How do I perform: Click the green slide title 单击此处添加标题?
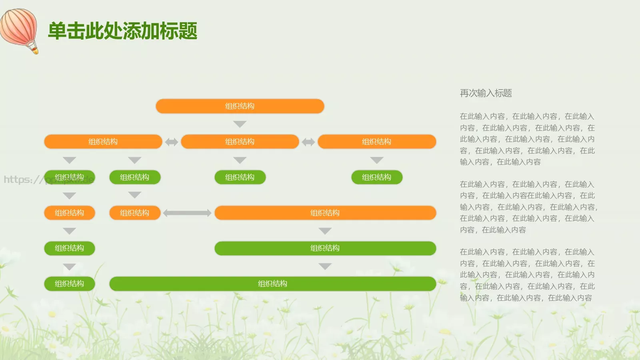(x=122, y=31)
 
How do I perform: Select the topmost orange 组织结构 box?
(x=240, y=106)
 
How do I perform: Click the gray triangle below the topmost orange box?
(x=240, y=124)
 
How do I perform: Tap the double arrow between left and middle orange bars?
(x=172, y=142)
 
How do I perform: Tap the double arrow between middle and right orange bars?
(x=308, y=142)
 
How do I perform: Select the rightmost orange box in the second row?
(x=376, y=142)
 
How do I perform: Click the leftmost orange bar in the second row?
(x=103, y=142)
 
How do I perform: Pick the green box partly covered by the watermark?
(x=69, y=177)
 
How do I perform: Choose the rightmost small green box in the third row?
(x=376, y=177)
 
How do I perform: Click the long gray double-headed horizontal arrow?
(x=187, y=213)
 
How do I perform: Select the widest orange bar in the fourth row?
(x=325, y=213)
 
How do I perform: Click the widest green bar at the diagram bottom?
(x=272, y=284)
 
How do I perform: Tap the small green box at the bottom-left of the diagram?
(x=69, y=284)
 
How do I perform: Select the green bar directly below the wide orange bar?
(x=325, y=248)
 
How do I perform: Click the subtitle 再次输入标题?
(x=486, y=93)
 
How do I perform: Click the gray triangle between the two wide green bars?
(x=325, y=266)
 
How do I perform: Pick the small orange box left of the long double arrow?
(x=134, y=213)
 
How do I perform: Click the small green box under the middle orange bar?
(x=240, y=177)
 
